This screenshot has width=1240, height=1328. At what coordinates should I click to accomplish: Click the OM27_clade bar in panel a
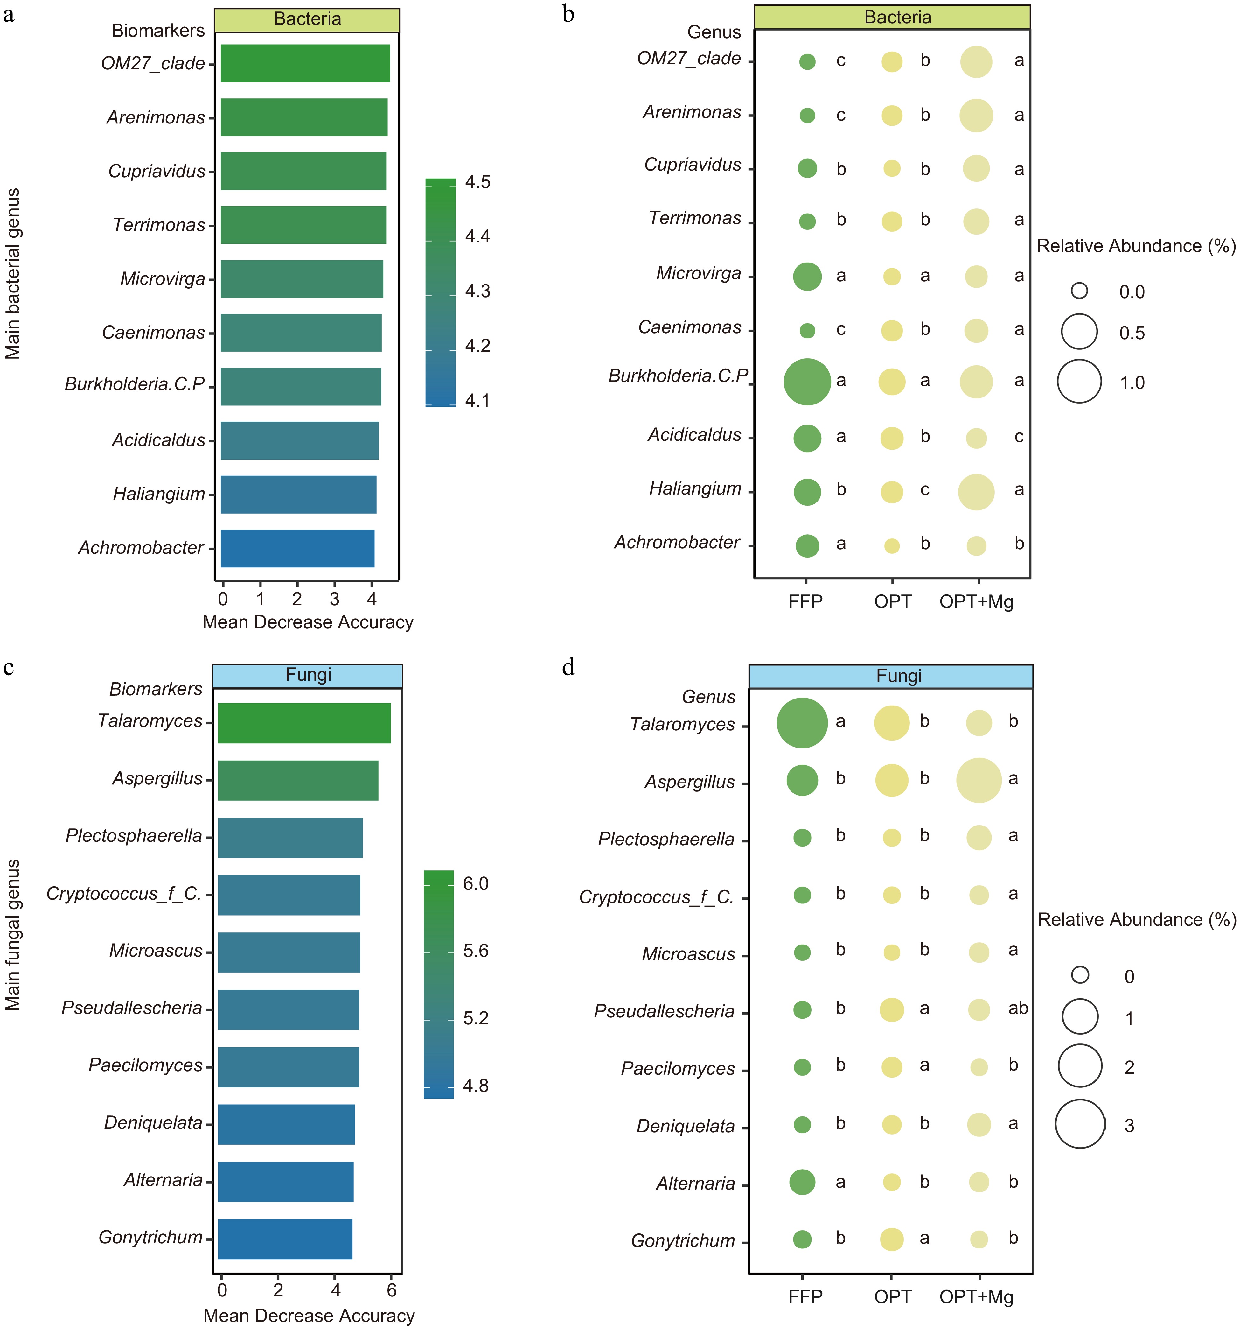pyautogui.click(x=305, y=63)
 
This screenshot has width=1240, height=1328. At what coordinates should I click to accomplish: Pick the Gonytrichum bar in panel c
pyautogui.click(x=285, y=1239)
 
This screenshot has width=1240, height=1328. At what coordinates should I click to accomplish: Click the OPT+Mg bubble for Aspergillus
pyautogui.click(x=979, y=780)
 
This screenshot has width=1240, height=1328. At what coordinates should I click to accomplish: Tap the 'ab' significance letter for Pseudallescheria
pyautogui.click(x=1018, y=1008)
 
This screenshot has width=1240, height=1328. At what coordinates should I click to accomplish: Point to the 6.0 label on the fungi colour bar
pyautogui.click(x=476, y=884)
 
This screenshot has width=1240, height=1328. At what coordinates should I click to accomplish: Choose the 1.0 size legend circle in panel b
pyautogui.click(x=1079, y=382)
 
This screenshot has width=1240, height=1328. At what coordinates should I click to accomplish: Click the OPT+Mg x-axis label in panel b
pyautogui.click(x=976, y=602)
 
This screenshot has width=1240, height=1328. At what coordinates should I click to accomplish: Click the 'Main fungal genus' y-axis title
pyautogui.click(x=13, y=935)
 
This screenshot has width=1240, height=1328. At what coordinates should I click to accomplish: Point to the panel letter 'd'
pyautogui.click(x=568, y=667)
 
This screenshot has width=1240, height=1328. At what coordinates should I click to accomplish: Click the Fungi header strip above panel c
pyautogui.click(x=308, y=675)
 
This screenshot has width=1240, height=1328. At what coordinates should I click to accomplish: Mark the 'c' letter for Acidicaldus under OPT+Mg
pyautogui.click(x=1018, y=437)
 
